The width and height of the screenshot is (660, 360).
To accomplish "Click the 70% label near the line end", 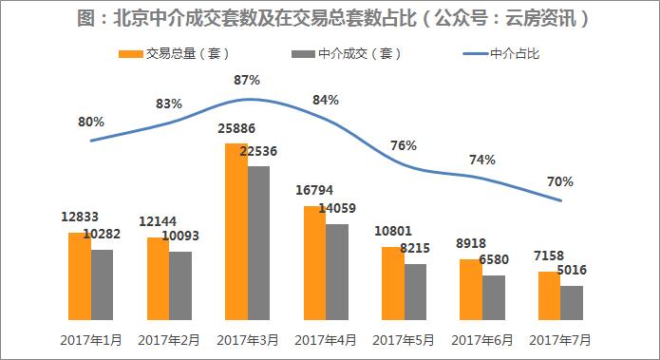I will pos(560,180).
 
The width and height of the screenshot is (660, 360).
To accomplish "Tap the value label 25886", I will pos(237,128).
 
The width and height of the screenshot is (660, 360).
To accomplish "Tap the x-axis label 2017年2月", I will pos(169,339).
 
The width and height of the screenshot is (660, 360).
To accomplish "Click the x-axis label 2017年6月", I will pos(482,339).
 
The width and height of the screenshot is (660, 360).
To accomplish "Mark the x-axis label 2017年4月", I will pos(326,339).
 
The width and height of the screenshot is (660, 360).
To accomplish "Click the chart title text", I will pos(330,16).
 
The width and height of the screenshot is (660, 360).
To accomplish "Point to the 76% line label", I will pos(403,145).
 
